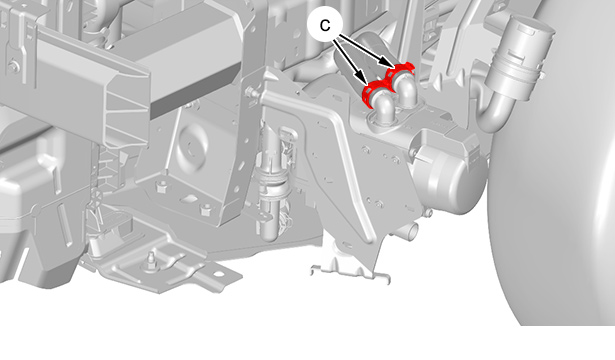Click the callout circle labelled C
[325, 25]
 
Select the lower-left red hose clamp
[374, 91]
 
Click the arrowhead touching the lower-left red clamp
[362, 79]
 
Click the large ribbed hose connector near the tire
[519, 51]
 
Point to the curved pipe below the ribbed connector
[490, 112]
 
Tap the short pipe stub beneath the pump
[411, 231]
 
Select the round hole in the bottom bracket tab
[217, 274]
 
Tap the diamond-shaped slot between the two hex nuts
[187, 197]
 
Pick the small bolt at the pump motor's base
[430, 213]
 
